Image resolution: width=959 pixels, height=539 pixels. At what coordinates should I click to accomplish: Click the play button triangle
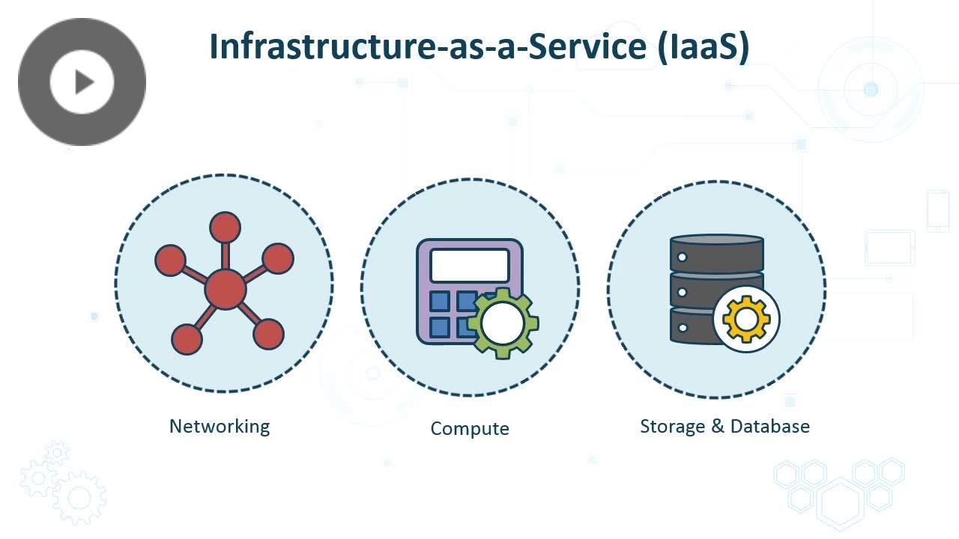(84, 82)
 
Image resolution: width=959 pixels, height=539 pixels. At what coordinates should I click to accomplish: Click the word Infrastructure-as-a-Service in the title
(428, 46)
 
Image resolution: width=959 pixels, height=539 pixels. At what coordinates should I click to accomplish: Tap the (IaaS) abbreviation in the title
(704, 47)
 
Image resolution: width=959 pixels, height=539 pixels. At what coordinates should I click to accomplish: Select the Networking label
(220, 427)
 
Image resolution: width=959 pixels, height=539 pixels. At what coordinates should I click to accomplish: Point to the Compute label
(470, 429)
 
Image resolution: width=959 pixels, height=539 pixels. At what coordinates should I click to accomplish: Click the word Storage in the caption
(672, 427)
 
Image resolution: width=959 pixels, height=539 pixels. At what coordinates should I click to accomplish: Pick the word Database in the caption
(769, 426)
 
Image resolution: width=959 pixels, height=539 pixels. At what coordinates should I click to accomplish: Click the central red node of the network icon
(226, 289)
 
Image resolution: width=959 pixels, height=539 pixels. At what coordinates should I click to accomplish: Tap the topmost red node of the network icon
(225, 227)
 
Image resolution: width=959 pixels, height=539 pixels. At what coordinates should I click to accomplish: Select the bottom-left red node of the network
(187, 339)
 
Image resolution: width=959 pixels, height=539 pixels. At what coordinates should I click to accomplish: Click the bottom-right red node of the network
(268, 334)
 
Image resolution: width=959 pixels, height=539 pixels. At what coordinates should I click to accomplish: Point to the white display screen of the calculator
(470, 266)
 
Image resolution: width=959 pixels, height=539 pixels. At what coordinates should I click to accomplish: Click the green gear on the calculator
(503, 323)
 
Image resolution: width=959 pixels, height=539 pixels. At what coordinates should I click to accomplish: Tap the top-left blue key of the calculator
(439, 301)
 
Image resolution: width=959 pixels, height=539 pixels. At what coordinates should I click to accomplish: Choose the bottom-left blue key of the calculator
(439, 328)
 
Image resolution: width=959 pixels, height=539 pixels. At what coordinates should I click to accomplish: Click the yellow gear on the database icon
(746, 319)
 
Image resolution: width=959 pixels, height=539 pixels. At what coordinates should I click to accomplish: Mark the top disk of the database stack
(717, 253)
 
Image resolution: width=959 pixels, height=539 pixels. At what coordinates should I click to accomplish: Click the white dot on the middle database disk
(683, 292)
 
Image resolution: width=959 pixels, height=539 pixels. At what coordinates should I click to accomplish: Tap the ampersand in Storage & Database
(718, 426)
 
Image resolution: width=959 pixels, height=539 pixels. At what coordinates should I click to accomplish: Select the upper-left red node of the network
(170, 260)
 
